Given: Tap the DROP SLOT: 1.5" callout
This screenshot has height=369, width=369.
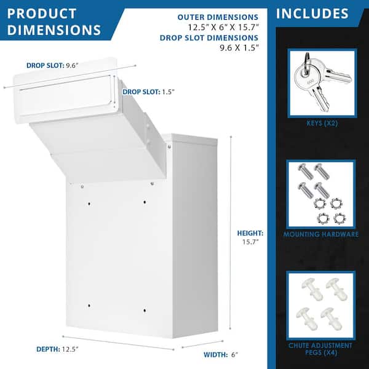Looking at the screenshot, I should [x=148, y=92].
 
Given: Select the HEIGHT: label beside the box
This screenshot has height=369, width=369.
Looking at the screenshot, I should [x=250, y=233].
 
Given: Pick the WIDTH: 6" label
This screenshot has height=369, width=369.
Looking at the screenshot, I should [x=221, y=354].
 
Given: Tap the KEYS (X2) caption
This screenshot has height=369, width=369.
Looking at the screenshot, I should [x=321, y=123].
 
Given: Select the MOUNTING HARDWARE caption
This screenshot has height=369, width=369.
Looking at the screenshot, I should [x=321, y=234].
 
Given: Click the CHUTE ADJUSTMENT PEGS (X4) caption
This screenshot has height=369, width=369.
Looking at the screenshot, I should [x=321, y=349].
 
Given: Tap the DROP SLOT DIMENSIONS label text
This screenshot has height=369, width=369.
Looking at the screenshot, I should [x=209, y=37].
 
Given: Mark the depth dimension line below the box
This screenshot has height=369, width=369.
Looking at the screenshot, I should [x=117, y=342].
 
